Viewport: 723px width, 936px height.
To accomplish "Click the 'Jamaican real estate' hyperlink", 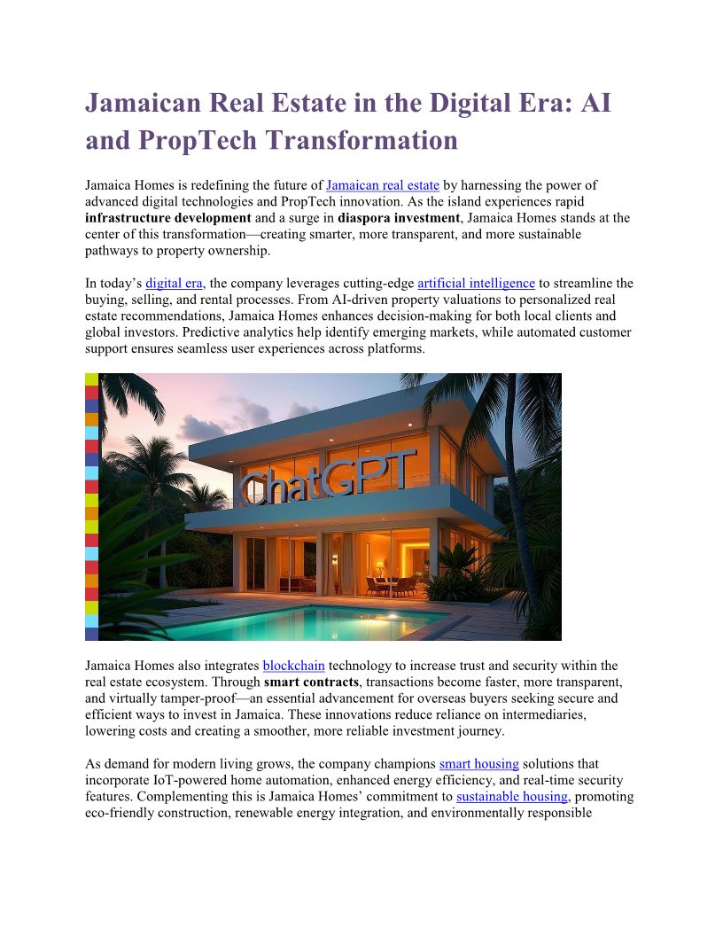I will tap(383, 185).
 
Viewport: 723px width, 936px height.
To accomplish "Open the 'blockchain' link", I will tap(294, 666).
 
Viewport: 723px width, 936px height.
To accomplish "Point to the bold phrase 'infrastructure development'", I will tap(168, 217).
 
